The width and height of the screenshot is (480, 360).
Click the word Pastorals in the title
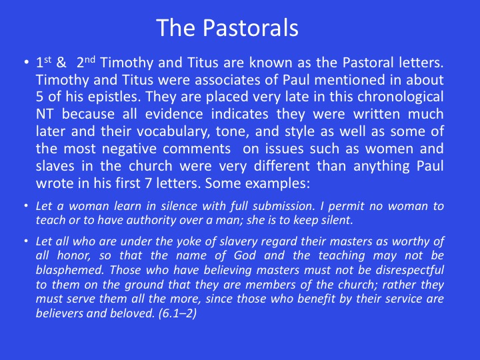pyautogui.click(x=251, y=27)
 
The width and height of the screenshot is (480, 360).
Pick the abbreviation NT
pyautogui.click(x=45, y=114)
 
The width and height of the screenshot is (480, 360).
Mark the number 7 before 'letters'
pyautogui.click(x=148, y=184)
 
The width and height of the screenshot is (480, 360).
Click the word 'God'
pyautogui.click(x=245, y=255)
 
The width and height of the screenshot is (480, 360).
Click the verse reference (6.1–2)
pyautogui.click(x=177, y=313)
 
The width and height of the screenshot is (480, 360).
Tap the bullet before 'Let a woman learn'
pyautogui.click(x=26, y=205)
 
